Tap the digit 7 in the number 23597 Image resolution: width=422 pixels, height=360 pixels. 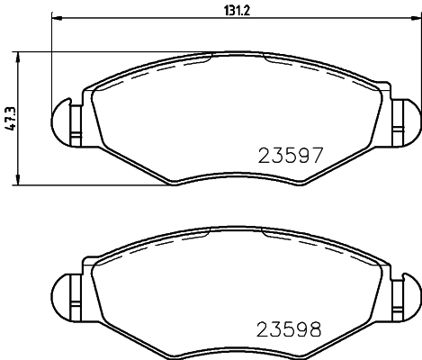[x=314, y=155]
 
